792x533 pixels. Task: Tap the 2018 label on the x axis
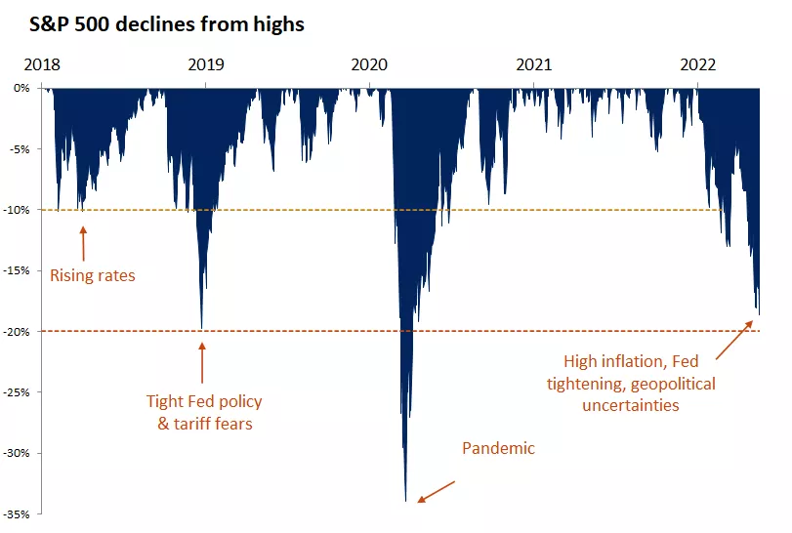(x=41, y=65)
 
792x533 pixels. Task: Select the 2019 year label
(x=205, y=65)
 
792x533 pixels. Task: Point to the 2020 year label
(x=370, y=65)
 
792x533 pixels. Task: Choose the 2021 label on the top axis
(x=534, y=65)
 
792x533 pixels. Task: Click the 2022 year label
(x=699, y=65)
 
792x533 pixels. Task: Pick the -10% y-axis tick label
(x=18, y=210)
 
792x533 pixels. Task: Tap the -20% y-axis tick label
(x=18, y=332)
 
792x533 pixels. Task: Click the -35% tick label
(x=18, y=514)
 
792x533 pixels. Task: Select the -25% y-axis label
(x=18, y=392)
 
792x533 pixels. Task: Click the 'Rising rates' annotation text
(x=93, y=275)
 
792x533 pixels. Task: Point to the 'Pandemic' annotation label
(x=498, y=449)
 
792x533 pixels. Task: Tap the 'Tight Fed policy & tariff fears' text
(x=204, y=412)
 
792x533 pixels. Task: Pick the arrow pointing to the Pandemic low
(x=436, y=490)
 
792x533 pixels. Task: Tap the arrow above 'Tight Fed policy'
(x=202, y=360)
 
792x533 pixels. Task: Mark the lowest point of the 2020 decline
(x=406, y=500)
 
